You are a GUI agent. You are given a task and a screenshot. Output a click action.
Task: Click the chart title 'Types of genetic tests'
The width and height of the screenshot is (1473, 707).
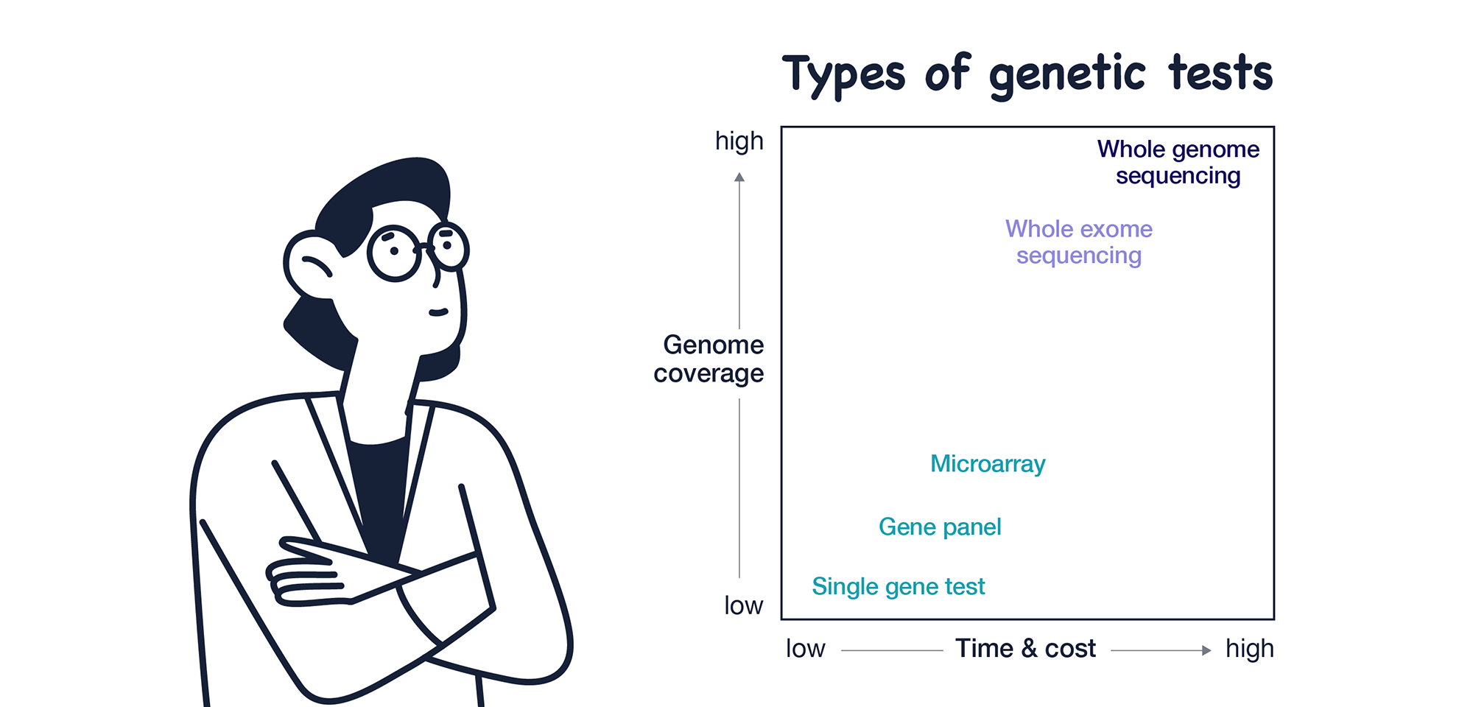point(1028,74)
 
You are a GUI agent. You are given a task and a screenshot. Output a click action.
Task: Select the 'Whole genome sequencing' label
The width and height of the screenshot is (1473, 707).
point(1178,162)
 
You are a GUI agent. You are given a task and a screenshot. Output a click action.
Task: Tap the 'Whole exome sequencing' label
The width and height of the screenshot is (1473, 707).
point(1079,242)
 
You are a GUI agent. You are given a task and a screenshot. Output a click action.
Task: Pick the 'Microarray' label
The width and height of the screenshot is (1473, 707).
point(988,464)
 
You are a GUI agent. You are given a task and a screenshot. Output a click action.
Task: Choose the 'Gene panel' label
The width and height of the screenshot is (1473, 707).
point(940,527)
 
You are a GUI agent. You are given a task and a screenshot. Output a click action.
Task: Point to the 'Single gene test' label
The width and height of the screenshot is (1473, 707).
point(898,587)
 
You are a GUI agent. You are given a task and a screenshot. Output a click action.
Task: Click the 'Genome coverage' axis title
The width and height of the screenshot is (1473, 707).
point(709,359)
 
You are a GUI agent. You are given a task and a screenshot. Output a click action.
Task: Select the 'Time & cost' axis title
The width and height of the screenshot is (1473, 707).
point(1025,649)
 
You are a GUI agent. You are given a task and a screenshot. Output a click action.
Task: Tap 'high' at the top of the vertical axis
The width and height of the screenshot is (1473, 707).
point(739,141)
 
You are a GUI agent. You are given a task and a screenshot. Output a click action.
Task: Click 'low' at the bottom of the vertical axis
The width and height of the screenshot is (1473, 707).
point(744,605)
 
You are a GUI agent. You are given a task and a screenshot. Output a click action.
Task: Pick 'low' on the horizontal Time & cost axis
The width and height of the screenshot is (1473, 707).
point(805,649)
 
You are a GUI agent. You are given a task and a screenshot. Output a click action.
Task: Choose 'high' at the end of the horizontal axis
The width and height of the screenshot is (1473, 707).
point(1250,649)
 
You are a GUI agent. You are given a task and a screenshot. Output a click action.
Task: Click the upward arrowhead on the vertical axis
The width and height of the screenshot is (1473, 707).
point(739,177)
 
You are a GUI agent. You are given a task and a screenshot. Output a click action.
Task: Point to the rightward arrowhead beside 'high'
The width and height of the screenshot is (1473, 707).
point(1206,650)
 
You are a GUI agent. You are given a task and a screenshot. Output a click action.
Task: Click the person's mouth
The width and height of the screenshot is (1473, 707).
point(439,312)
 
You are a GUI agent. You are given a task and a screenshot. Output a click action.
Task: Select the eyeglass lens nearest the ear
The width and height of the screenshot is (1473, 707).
point(394,253)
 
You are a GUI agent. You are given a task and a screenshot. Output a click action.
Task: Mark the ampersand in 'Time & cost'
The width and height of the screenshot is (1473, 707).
point(1030,649)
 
